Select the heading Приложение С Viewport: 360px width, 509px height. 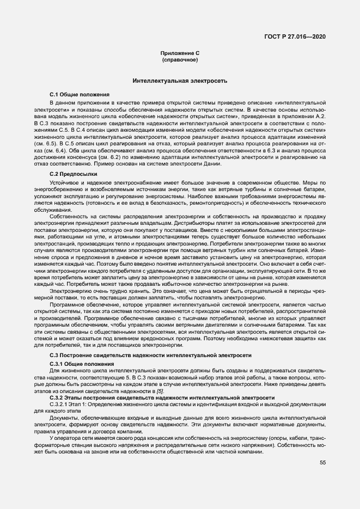coord(180,53)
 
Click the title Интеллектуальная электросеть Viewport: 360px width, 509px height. coord(180,81)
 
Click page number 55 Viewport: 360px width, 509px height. coord(323,463)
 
